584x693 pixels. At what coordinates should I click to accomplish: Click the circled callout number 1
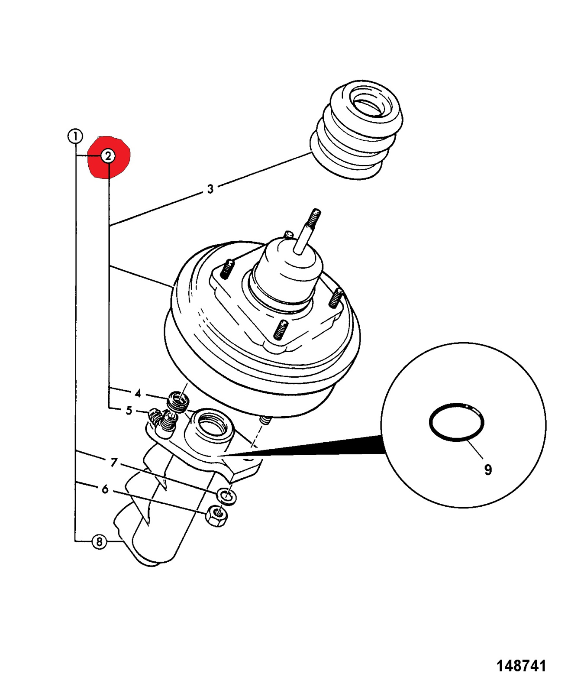point(75,136)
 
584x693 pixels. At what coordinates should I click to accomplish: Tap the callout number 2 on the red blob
point(108,156)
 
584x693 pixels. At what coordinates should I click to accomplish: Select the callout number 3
point(210,189)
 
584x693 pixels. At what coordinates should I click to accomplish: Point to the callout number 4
point(138,393)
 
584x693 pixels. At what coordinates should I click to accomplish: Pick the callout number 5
point(129,410)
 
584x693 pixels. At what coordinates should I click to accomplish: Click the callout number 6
point(105,489)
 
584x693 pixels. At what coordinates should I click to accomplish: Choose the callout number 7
point(113,463)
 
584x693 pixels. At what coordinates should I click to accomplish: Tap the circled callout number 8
point(99,541)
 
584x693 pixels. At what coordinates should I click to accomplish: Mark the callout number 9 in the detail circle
point(488,470)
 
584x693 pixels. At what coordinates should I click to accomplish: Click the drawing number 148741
point(521,666)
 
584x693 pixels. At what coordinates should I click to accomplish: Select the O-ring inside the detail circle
point(456,422)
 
